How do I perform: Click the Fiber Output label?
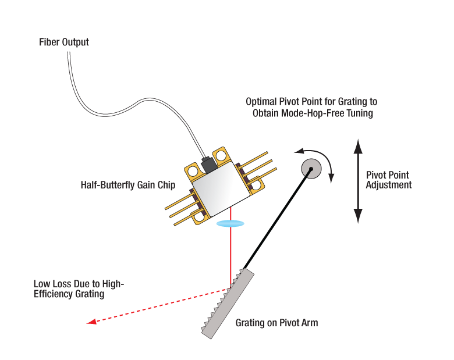coord(63,42)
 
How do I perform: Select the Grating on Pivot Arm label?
coord(276,322)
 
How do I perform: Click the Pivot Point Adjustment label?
coord(388,180)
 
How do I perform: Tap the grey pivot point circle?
coord(311,169)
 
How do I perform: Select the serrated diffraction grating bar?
coord(226,303)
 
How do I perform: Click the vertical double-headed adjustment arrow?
coord(357,180)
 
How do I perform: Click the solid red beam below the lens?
coord(231,256)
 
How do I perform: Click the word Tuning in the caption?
coord(357,113)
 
